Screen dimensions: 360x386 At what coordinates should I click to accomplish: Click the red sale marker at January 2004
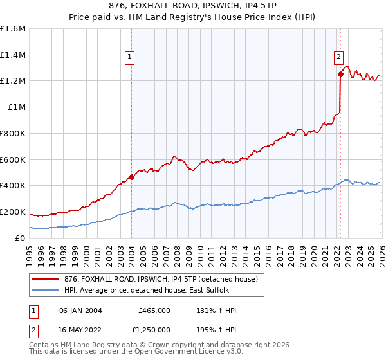pos(131,176)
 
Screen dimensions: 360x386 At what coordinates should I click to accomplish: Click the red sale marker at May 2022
pos(340,74)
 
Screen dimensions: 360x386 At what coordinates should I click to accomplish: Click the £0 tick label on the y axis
pos(21,238)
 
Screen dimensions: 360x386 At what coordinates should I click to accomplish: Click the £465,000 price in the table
pos(154,310)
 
